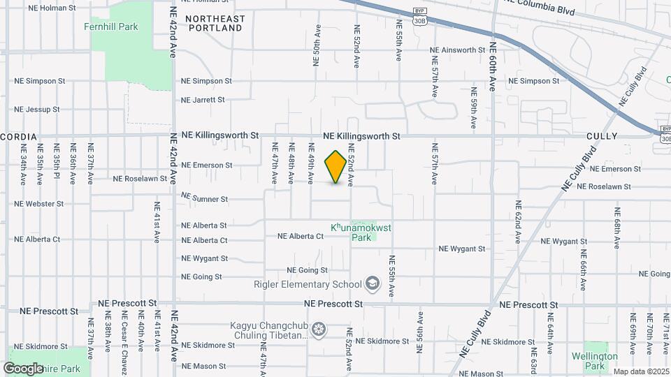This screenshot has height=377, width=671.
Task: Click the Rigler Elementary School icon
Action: [372, 283]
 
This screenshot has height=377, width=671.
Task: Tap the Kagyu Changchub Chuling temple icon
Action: [319, 329]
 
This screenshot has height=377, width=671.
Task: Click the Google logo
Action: [23, 368]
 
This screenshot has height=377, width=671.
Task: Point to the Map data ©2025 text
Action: [640, 371]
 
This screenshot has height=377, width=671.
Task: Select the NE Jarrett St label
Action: [203, 100]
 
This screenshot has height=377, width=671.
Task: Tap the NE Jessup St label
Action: [37, 110]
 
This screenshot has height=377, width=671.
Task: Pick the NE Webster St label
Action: [39, 204]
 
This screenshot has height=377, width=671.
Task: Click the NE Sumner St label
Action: [205, 198]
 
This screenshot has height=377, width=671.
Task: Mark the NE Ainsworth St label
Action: [457, 50]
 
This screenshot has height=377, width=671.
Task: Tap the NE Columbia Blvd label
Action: [537, 7]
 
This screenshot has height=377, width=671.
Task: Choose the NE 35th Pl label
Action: [57, 164]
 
